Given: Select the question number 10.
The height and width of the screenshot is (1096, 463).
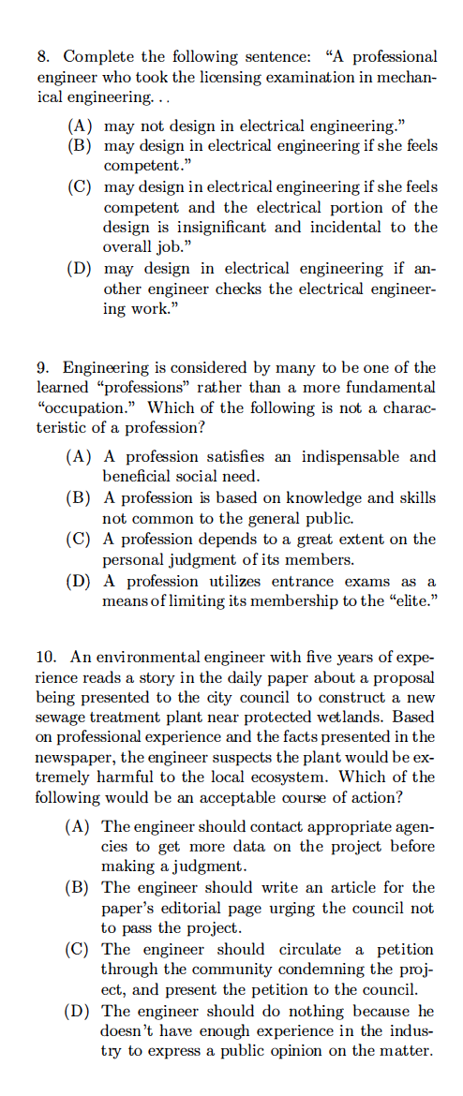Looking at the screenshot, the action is point(46,656).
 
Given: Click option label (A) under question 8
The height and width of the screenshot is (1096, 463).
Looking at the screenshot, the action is point(79,126).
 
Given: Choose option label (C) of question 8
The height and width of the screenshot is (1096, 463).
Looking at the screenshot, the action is point(79,187).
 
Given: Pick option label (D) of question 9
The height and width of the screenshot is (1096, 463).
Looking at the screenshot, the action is point(79,581).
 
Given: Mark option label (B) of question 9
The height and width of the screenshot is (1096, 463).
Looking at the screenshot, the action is point(79,498).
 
